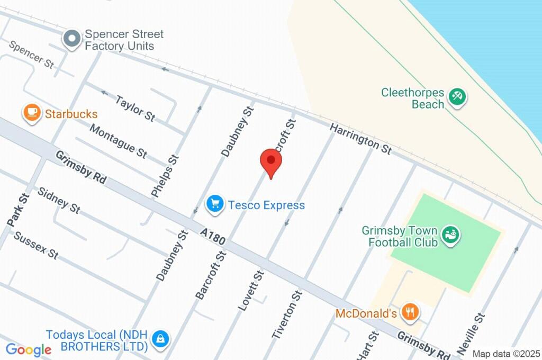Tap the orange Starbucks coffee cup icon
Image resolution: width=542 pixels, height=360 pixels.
pyautogui.click(x=32, y=113)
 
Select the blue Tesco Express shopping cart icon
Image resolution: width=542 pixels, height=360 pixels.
pyautogui.click(x=214, y=204)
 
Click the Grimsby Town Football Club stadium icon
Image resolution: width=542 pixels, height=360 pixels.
pyautogui.click(x=451, y=235)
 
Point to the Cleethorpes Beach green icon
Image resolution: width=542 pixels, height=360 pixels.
pyautogui.click(x=456, y=97)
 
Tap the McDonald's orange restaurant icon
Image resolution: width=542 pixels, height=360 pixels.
pyautogui.click(x=410, y=312)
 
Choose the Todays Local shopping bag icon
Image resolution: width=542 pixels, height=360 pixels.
pyautogui.click(x=159, y=339)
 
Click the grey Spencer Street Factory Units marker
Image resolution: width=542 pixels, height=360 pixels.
pyautogui.click(x=71, y=39)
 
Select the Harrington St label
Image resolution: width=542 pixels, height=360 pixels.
pyautogui.click(x=360, y=139)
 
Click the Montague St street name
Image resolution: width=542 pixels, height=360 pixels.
pyautogui.click(x=118, y=140)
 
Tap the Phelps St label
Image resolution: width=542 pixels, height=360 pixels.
pyautogui.click(x=165, y=176)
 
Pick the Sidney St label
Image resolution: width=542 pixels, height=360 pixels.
pyautogui.click(x=59, y=200)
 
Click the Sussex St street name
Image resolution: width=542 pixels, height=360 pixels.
pyautogui.click(x=36, y=245)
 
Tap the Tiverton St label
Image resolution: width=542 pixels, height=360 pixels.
pyautogui.click(x=287, y=314)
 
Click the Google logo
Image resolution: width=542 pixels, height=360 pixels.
pyautogui.click(x=29, y=349)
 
